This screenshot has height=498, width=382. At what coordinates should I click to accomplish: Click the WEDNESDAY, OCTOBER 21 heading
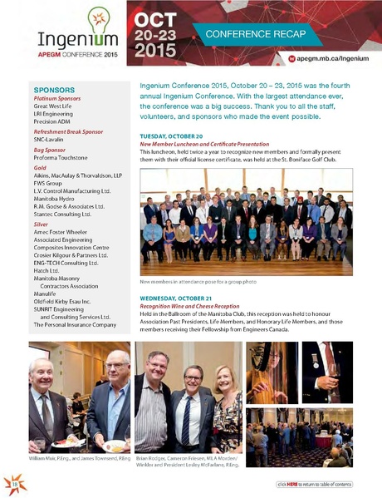182,297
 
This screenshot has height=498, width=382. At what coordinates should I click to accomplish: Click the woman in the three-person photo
226,403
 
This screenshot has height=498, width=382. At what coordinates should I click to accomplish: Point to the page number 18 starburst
16,481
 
